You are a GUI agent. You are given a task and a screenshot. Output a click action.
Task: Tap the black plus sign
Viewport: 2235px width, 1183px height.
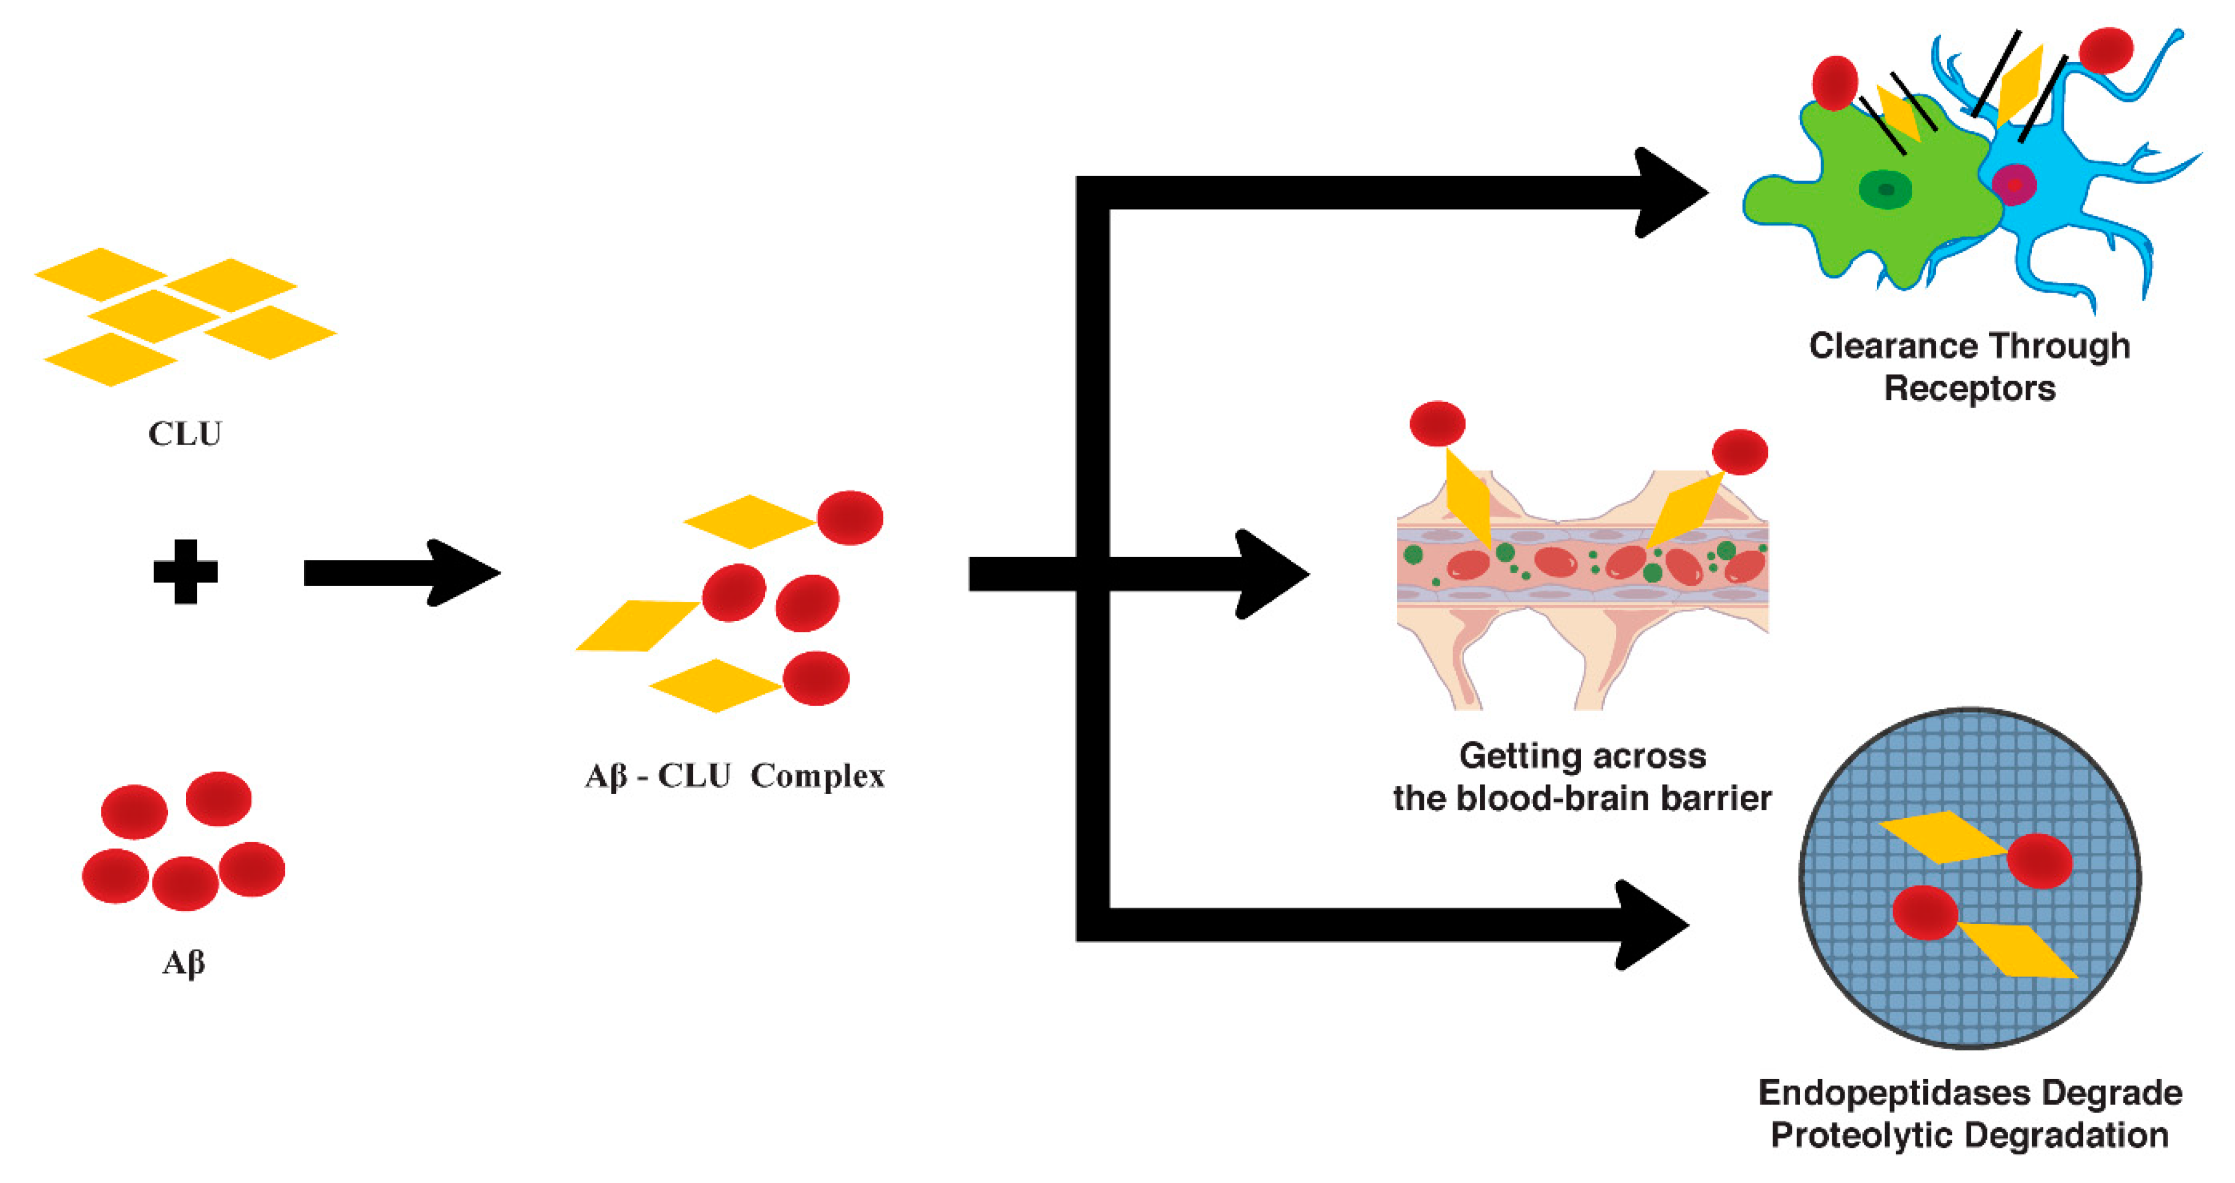tap(185, 571)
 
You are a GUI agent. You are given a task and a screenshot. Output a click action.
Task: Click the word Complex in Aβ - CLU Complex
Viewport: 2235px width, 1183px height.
tap(817, 775)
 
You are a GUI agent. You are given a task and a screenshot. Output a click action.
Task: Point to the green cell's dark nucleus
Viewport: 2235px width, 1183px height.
tap(1885, 189)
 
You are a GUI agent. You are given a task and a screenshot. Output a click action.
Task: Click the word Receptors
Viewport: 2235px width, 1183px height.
tap(1969, 388)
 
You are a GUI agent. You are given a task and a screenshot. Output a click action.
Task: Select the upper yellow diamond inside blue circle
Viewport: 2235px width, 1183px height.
tap(1941, 837)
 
